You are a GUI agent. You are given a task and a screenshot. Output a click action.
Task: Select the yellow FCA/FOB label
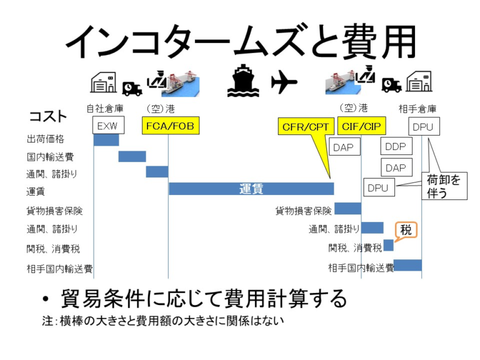(169, 126)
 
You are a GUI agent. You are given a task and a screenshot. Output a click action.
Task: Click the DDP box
(396, 147)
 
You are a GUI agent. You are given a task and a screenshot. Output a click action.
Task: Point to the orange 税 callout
(406, 230)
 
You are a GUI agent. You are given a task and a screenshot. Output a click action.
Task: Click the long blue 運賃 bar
(251, 188)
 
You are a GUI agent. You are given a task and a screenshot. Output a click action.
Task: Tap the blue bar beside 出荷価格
(106, 139)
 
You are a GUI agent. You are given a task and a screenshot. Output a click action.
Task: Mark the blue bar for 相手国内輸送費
(407, 266)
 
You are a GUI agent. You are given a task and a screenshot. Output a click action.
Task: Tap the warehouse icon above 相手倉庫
(419, 82)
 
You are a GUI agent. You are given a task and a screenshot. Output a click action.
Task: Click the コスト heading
(48, 117)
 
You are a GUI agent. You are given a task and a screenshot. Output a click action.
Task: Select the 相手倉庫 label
(417, 109)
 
